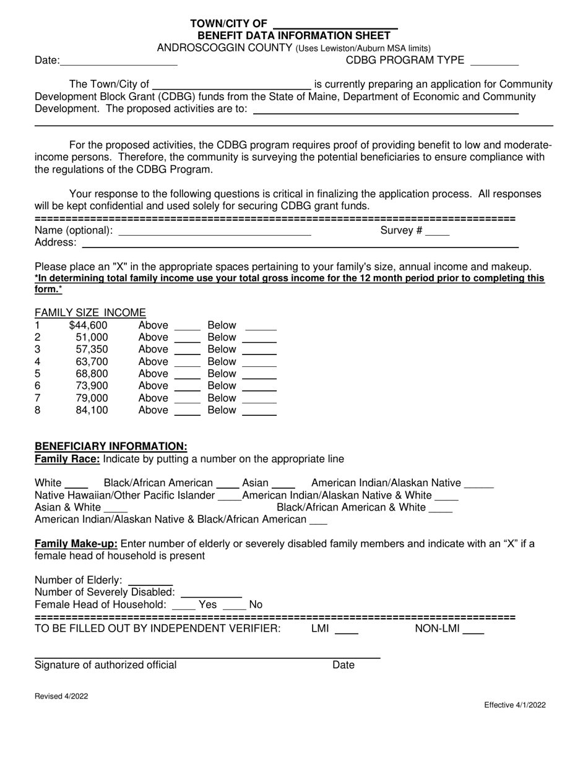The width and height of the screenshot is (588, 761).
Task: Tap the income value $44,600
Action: pyautogui.click(x=89, y=325)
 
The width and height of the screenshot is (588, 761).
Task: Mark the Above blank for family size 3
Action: pyautogui.click(x=188, y=351)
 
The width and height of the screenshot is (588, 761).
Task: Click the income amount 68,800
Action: pyautogui.click(x=92, y=374)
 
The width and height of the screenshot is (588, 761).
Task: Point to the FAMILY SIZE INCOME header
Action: pyautogui.click(x=90, y=312)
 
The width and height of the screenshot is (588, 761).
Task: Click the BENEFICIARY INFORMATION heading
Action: pyautogui.click(x=111, y=446)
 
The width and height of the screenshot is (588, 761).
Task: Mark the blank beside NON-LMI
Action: pyautogui.click(x=473, y=631)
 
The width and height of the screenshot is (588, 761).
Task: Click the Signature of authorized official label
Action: pyautogui.click(x=106, y=665)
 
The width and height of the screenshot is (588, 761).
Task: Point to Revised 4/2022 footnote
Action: pyautogui.click(x=61, y=696)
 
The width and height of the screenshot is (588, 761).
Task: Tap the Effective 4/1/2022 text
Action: pyautogui.click(x=515, y=705)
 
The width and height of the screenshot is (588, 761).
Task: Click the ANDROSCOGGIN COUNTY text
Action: pyautogui.click(x=224, y=48)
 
